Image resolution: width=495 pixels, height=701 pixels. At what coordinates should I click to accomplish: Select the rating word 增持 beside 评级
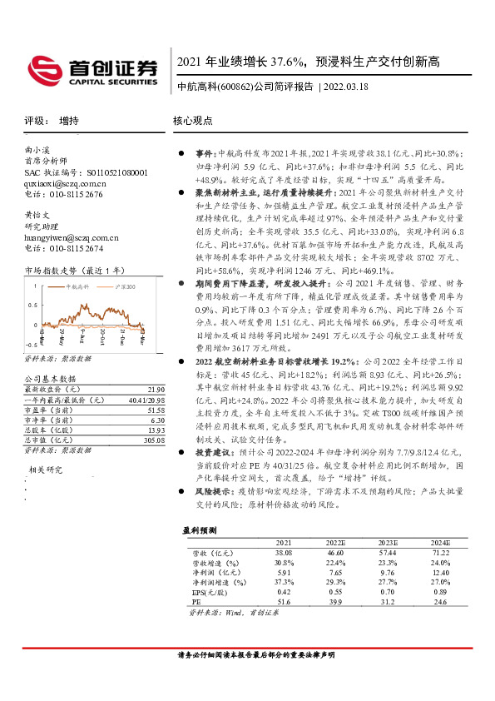(69, 121)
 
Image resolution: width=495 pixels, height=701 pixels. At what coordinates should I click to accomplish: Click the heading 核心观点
(193, 121)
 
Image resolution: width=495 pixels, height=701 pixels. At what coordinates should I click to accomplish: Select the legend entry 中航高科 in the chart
(77, 287)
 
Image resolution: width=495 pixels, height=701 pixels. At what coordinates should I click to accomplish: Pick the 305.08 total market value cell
(152, 440)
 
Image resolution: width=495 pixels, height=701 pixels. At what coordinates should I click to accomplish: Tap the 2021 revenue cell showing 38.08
(285, 552)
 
